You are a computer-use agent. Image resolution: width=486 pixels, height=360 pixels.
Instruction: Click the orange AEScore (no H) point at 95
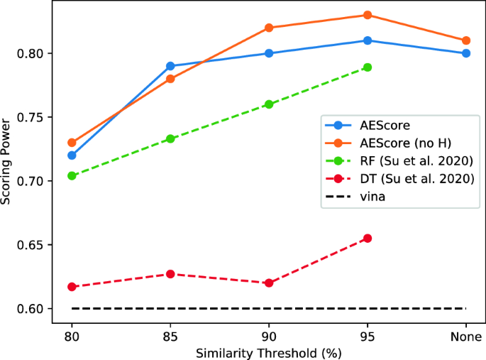point(368,15)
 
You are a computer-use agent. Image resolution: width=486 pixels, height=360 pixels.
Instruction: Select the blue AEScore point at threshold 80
point(72,155)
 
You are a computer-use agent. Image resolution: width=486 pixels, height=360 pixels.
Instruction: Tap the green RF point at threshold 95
point(368,67)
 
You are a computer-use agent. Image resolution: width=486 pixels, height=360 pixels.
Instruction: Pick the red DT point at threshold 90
point(269,283)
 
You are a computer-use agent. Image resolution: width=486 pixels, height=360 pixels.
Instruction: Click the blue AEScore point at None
point(466,53)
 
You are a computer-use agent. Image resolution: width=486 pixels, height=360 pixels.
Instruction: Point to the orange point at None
point(466,40)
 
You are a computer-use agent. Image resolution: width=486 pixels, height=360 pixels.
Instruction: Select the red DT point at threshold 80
point(72,287)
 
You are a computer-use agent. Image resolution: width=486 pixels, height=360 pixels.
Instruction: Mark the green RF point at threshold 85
point(170,138)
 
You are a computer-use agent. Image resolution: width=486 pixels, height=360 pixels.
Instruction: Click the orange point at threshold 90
point(269,28)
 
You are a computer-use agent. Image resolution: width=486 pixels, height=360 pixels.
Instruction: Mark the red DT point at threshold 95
point(368,238)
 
